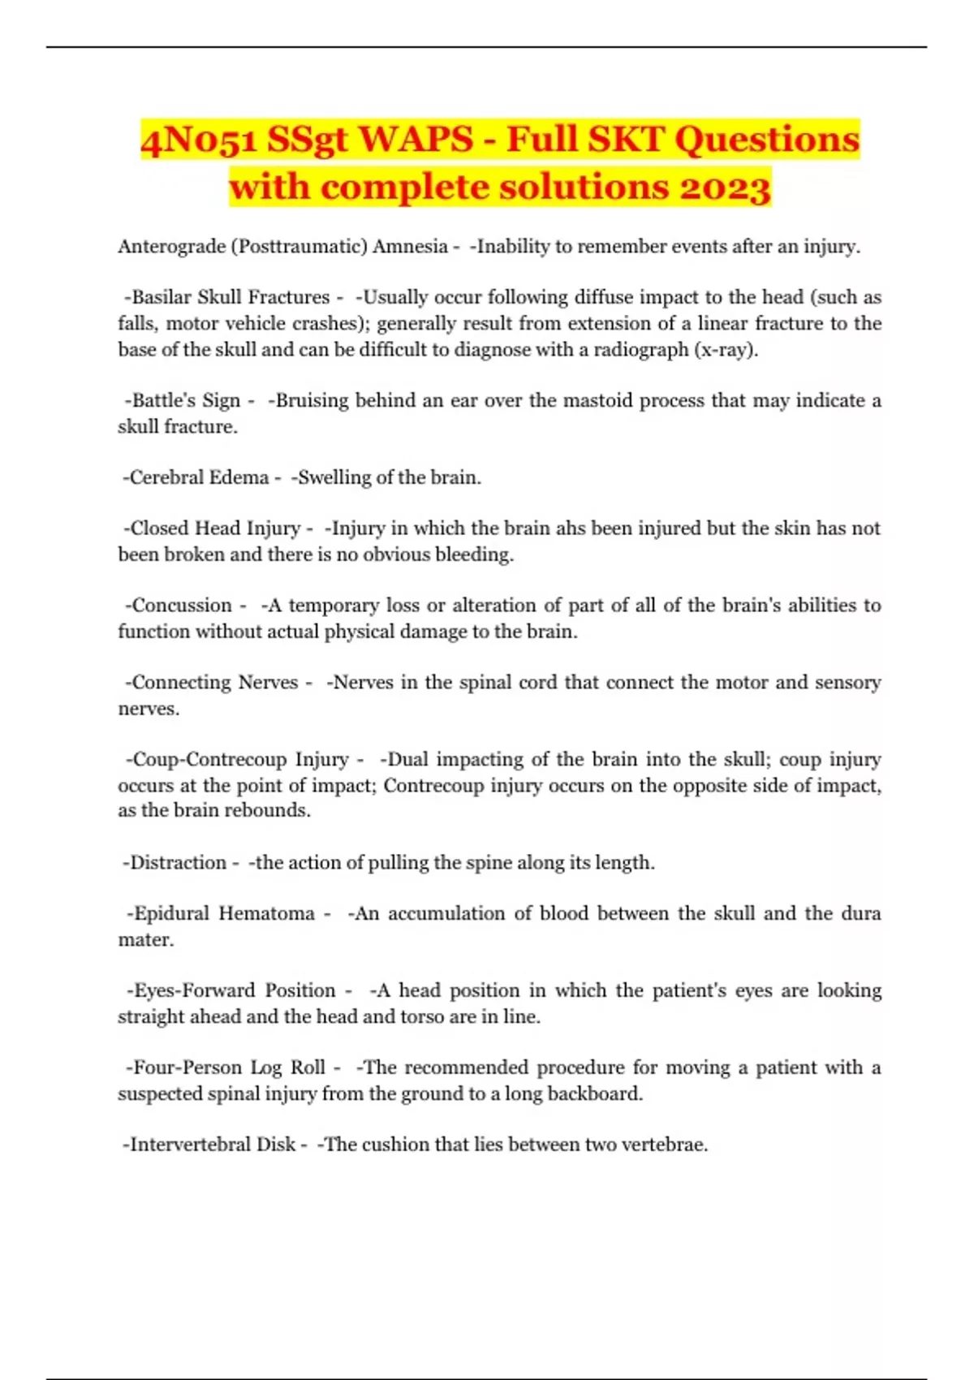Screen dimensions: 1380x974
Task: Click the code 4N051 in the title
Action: click(x=198, y=140)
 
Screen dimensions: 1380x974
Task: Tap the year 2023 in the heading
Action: click(x=724, y=188)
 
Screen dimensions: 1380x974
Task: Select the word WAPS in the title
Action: click(x=415, y=140)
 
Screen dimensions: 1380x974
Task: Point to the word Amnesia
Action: click(x=410, y=247)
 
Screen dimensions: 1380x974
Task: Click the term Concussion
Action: click(x=181, y=606)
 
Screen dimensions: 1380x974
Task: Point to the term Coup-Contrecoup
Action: click(x=209, y=760)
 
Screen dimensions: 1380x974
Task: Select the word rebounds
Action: click(x=271, y=810)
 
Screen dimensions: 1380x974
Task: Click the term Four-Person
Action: click(x=186, y=1067)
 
